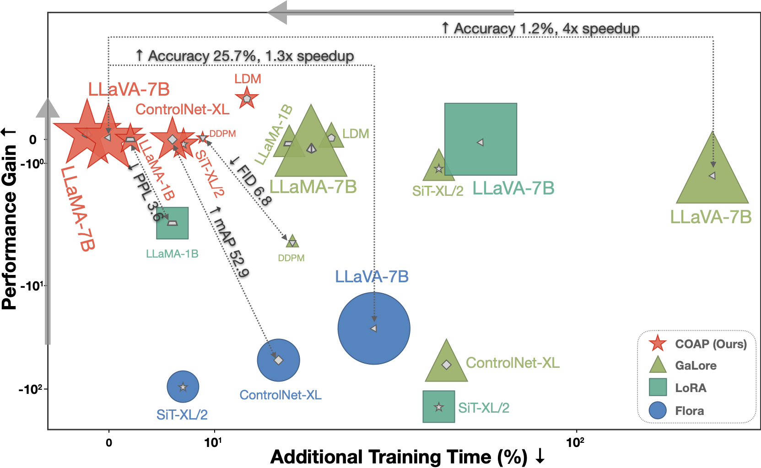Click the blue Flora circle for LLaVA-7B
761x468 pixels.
coord(374,328)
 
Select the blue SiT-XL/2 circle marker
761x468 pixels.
coord(183,387)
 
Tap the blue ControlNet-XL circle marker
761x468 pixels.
coord(278,360)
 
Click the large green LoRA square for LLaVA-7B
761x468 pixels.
coord(480,139)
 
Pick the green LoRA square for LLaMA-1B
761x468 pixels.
coord(172,223)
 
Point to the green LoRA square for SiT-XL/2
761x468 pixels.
coord(438,406)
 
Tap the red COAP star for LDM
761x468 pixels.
coord(247,98)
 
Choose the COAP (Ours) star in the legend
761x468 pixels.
coord(658,344)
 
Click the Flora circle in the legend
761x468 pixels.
coord(658,410)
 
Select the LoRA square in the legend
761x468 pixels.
coord(658,387)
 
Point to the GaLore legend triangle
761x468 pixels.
coord(658,366)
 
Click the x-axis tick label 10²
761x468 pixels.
coord(575,442)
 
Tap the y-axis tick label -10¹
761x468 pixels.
coord(32,286)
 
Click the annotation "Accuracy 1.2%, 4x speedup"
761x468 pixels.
coord(540,29)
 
